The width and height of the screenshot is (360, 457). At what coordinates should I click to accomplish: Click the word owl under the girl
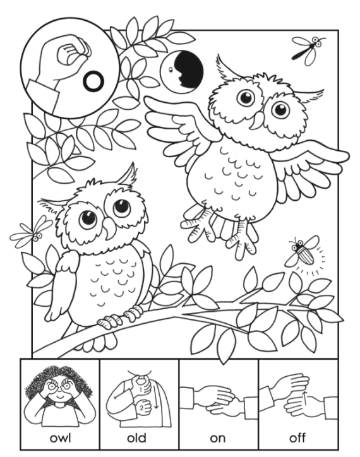[x=60, y=437]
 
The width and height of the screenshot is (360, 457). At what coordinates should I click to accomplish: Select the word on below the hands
[x=217, y=437]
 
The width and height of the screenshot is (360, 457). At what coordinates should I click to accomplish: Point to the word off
[x=297, y=437]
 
